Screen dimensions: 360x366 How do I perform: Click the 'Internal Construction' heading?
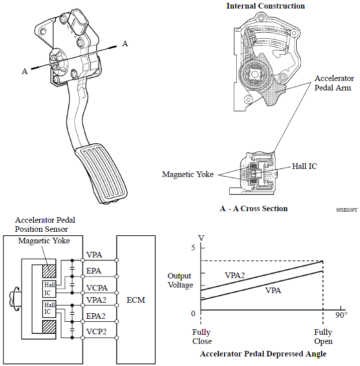click(x=265, y=6)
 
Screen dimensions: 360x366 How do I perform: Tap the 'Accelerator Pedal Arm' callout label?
click(x=334, y=83)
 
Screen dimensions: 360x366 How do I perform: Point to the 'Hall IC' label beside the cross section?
click(x=304, y=166)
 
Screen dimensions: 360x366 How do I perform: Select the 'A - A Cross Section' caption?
click(x=253, y=209)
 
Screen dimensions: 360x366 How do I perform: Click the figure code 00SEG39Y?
click(x=347, y=210)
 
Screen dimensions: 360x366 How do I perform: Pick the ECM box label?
click(x=136, y=300)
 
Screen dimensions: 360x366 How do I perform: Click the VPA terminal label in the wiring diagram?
click(x=94, y=255)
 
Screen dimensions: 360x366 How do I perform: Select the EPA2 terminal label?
click(x=96, y=316)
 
